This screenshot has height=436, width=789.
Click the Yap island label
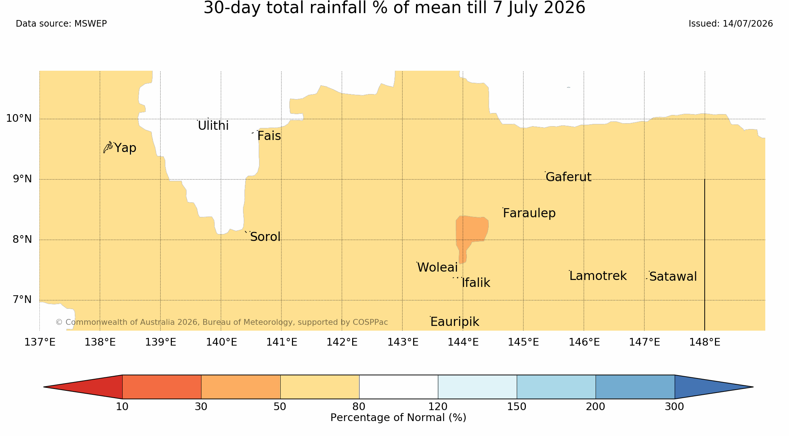pos(125,148)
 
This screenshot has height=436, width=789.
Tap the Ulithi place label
pos(213,125)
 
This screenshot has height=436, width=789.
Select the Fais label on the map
pos(269,136)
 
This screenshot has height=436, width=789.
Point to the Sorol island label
pos(265,237)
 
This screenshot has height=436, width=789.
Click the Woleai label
pos(437,267)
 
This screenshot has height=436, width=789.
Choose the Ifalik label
pos(476,283)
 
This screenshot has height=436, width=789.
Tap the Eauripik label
pos(455,322)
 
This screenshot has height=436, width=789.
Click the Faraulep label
pos(529,213)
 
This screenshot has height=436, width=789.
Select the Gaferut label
pos(568,177)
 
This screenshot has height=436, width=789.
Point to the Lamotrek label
pos(598,276)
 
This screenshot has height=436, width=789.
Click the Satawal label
pos(673,276)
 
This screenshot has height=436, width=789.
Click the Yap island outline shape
pos(108,147)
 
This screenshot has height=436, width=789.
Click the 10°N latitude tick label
pos(19,118)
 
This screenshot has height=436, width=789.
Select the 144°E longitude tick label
pos(463,342)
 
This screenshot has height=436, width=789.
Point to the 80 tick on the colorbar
pos(359,406)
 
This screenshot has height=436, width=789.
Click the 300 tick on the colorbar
pos(674,406)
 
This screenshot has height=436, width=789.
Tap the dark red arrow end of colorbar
pos(83,387)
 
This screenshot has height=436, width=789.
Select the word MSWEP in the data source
pos(91,24)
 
